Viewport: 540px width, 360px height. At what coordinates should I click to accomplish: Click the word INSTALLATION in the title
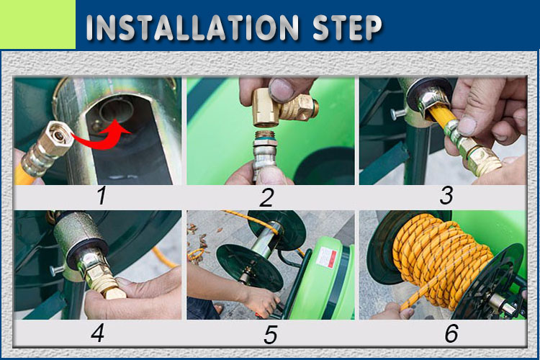tap(192, 27)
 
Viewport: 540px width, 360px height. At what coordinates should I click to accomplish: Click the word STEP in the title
tap(347, 27)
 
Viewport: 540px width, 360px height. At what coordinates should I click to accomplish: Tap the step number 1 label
tap(102, 196)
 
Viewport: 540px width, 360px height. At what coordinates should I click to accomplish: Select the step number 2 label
tap(267, 198)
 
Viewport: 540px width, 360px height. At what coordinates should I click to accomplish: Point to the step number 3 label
tap(446, 195)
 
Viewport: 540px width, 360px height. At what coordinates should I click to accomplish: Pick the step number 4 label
tap(97, 333)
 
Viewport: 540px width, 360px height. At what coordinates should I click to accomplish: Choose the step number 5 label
tap(270, 335)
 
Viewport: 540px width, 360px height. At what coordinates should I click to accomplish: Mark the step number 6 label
tap(451, 333)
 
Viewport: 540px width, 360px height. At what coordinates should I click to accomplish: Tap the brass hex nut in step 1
tap(57, 139)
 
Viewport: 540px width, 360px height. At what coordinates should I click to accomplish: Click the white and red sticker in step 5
tap(325, 257)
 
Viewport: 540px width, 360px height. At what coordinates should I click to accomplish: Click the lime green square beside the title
tap(37, 24)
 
